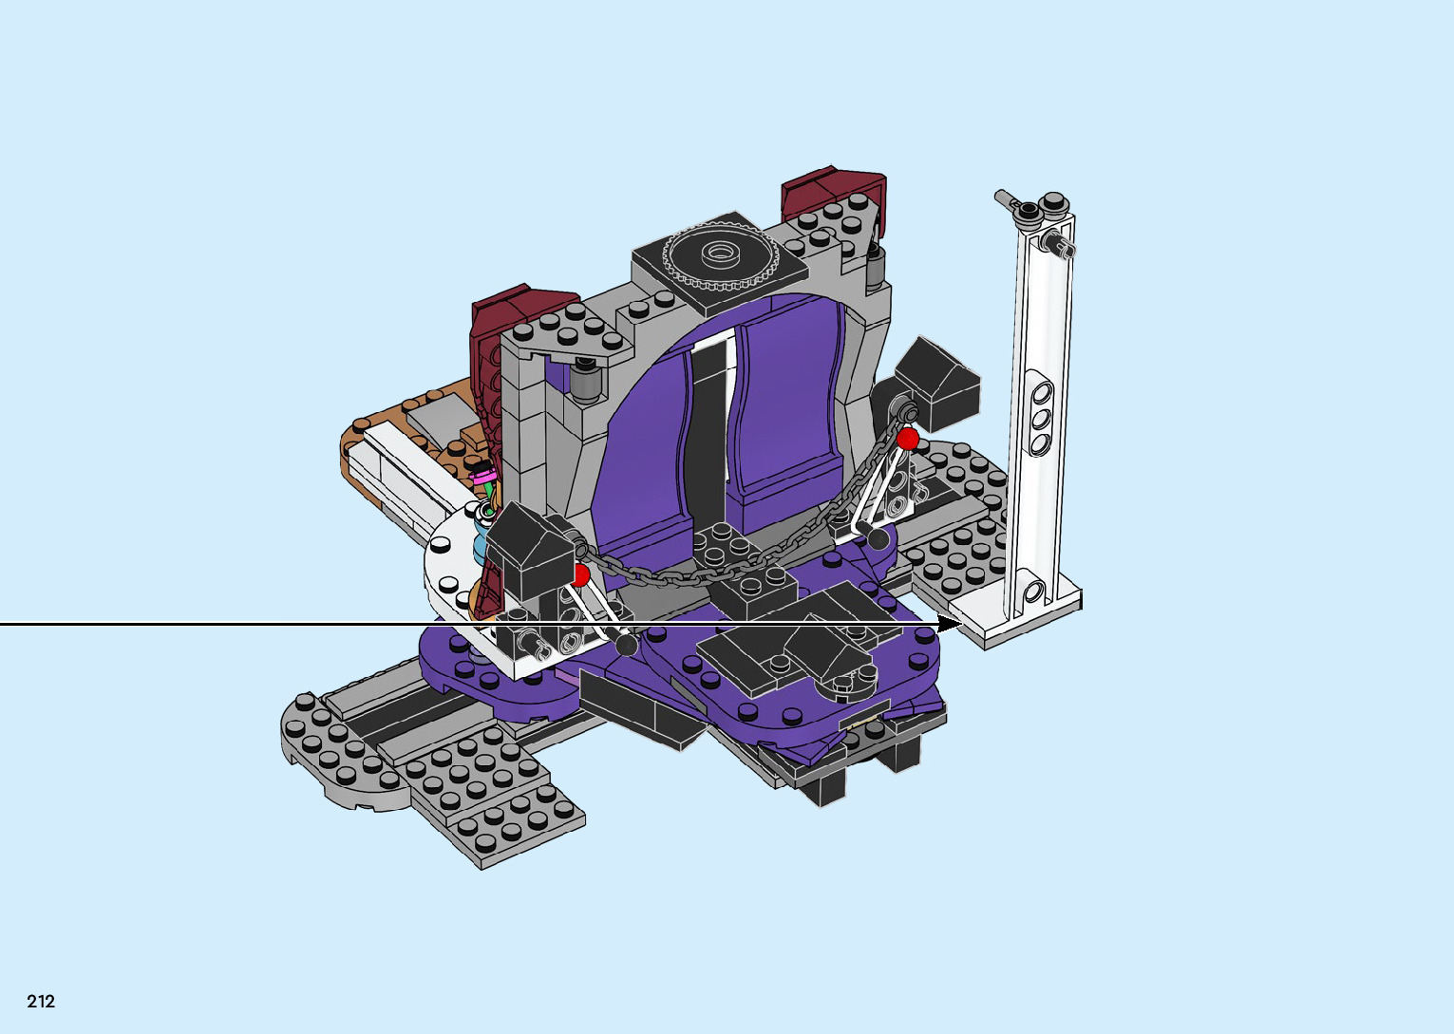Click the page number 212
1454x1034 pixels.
coord(41,1002)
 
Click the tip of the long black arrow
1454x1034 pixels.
coord(961,625)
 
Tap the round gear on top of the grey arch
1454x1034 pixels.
coord(720,254)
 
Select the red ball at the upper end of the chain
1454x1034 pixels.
coord(908,440)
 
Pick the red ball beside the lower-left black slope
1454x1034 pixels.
coord(579,575)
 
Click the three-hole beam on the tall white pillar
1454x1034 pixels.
coord(1040,414)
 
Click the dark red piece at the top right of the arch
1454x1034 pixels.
coord(834,193)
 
